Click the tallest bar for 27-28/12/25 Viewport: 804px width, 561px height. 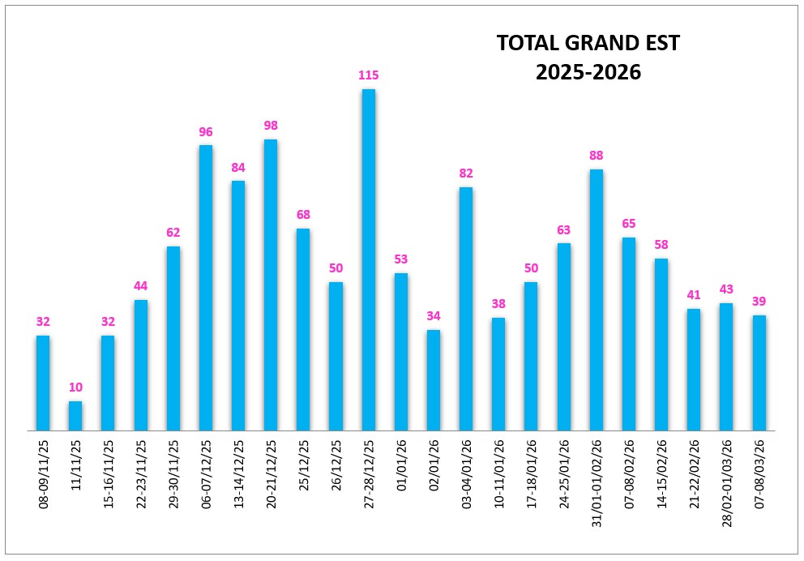point(368,260)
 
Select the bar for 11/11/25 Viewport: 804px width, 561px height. point(75,416)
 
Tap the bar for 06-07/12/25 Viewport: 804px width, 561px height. point(206,288)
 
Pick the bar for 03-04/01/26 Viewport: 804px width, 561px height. point(465,309)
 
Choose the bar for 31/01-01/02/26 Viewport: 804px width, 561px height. point(596,300)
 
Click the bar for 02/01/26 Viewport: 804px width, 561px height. point(434,380)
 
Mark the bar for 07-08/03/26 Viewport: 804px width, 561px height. point(759,373)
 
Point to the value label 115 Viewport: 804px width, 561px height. point(368,75)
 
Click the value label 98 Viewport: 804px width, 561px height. point(271,126)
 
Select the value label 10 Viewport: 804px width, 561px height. point(75,388)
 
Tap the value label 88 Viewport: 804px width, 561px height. point(596,156)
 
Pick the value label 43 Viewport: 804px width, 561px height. point(726,289)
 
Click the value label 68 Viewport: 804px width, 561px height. point(303,215)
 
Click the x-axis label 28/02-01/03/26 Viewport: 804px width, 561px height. point(726,483)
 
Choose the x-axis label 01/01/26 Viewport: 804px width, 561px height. point(401,465)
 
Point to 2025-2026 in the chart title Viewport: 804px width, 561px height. point(588,72)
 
